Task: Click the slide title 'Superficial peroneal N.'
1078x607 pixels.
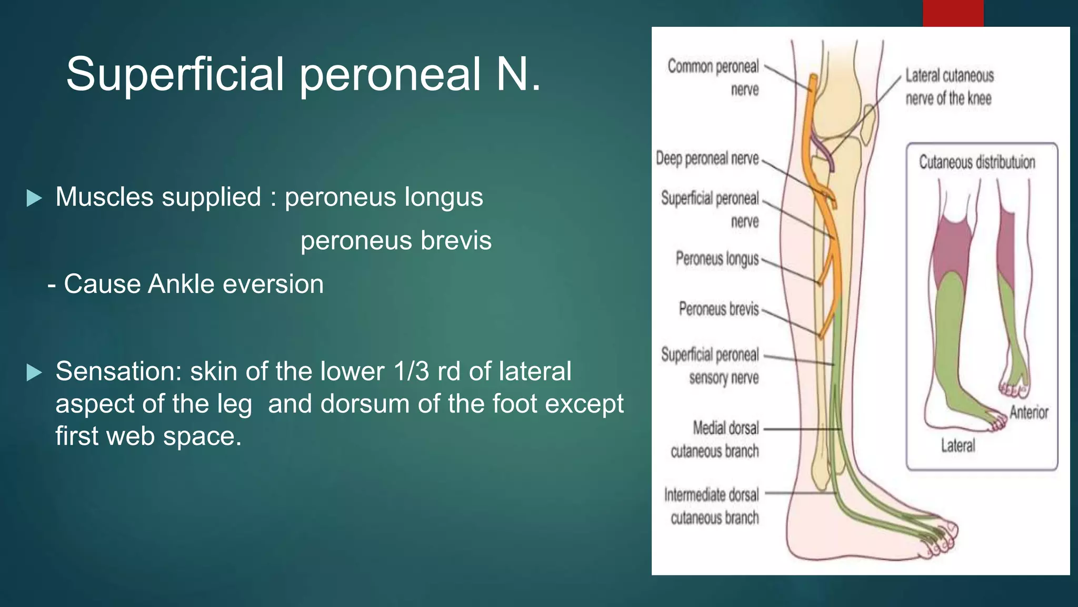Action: click(x=303, y=74)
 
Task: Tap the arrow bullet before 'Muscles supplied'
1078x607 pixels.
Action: click(x=34, y=198)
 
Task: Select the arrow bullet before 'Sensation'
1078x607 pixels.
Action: click(x=34, y=373)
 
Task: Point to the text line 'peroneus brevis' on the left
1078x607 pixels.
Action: click(x=396, y=241)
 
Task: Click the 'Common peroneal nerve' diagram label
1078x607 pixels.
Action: click(x=714, y=77)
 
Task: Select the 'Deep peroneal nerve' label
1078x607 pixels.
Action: click(x=707, y=158)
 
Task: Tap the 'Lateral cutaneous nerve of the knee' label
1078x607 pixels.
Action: click(x=949, y=87)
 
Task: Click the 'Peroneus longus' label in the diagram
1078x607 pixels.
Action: click(x=717, y=259)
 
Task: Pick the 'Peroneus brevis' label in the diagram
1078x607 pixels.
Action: click(x=718, y=309)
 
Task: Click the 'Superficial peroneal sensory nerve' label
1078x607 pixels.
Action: click(x=711, y=366)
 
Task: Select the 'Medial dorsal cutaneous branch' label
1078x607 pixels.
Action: click(x=715, y=439)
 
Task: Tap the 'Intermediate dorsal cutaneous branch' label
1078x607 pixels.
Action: click(x=712, y=506)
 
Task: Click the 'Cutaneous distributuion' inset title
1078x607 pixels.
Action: click(x=977, y=162)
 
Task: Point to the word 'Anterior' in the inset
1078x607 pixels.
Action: click(x=1029, y=412)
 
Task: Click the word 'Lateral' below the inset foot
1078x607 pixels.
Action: click(x=958, y=446)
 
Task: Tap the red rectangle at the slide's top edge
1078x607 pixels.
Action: click(x=953, y=13)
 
